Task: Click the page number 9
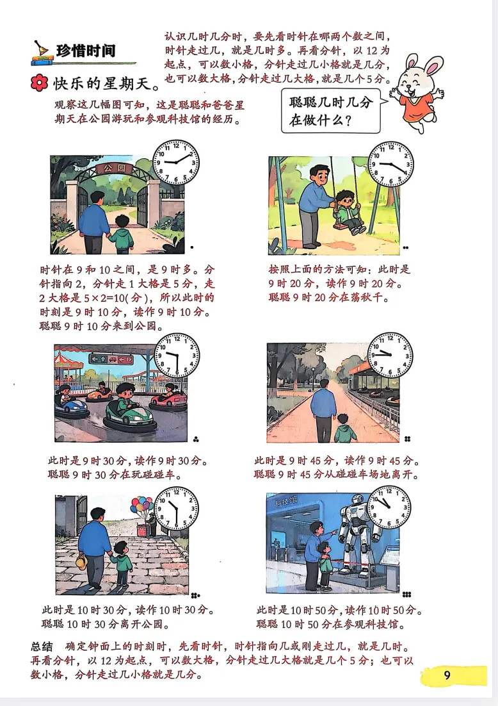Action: (447, 675)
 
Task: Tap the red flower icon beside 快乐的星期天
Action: (40, 83)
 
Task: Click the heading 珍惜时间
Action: (86, 51)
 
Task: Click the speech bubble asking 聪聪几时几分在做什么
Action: (331, 111)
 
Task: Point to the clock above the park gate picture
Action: (176, 162)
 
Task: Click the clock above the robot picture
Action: (389, 507)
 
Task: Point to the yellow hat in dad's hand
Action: (81, 561)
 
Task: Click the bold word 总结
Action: (42, 647)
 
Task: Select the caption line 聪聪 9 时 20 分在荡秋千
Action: (328, 298)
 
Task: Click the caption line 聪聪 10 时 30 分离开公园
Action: (106, 625)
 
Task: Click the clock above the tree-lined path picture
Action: (390, 356)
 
